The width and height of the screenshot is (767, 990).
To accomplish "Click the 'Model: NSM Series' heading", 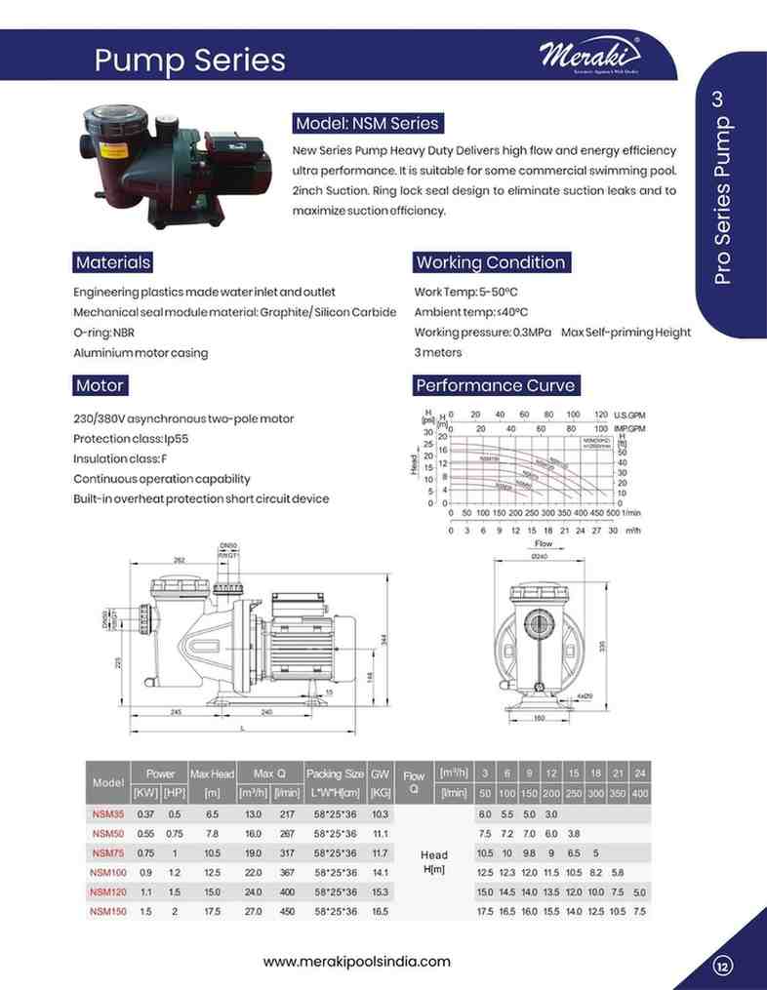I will point(367,124).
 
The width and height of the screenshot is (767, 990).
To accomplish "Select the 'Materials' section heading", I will point(113,262).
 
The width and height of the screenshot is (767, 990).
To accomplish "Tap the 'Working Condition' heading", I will point(490,262).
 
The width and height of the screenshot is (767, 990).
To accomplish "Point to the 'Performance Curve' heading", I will point(495,385).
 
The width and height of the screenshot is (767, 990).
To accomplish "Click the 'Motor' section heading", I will point(100,385).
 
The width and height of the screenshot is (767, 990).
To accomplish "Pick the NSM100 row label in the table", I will point(107,872).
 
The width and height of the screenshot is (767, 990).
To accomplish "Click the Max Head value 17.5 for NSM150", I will point(213,911).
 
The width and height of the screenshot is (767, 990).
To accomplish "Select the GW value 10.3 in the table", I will point(381,813).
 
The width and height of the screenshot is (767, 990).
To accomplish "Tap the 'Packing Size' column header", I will point(335,773).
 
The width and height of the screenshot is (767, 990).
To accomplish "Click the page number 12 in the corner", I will point(723,967).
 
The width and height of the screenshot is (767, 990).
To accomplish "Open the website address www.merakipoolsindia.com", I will point(357,961).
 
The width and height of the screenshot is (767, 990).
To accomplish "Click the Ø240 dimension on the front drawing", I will point(539,556).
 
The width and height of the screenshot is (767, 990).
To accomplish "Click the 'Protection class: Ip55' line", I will point(131,439).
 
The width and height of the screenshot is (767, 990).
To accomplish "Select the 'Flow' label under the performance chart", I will point(543,543).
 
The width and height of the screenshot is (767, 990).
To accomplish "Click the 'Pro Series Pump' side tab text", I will point(721,201).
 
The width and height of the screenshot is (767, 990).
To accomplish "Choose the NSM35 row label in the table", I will point(107,813).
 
